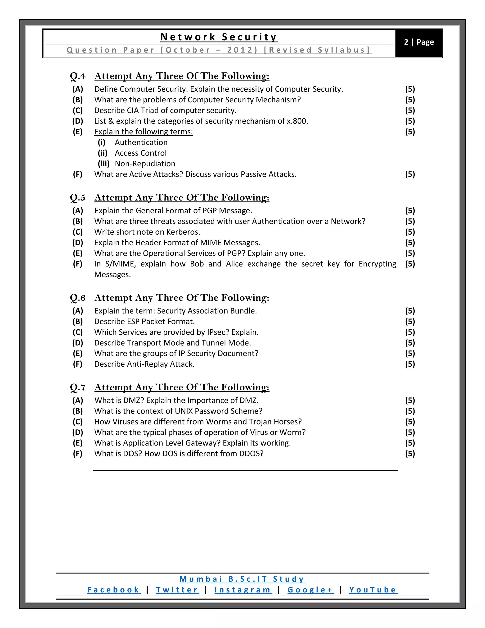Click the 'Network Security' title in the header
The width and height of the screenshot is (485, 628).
pyautogui.click(x=219, y=37)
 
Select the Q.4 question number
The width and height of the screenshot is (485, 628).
pyautogui.click(x=78, y=76)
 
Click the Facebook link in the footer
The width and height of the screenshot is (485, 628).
pyautogui.click(x=113, y=590)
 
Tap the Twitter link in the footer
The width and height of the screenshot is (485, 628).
pyautogui.click(x=177, y=590)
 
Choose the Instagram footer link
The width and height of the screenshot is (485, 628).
pyautogui.click(x=243, y=590)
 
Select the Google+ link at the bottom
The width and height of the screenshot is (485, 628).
pyautogui.click(x=310, y=590)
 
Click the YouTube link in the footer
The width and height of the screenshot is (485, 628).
pyautogui.click(x=373, y=590)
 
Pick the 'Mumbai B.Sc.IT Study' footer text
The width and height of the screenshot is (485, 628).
pyautogui.click(x=242, y=579)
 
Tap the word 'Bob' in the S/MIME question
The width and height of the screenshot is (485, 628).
pyautogui.click(x=197, y=264)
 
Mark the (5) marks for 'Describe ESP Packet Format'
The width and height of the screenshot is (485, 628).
pyautogui.click(x=410, y=322)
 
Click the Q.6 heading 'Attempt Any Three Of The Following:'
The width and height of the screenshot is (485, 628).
pyautogui.click(x=182, y=298)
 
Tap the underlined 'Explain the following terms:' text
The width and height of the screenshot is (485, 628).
pyautogui.click(x=143, y=132)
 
